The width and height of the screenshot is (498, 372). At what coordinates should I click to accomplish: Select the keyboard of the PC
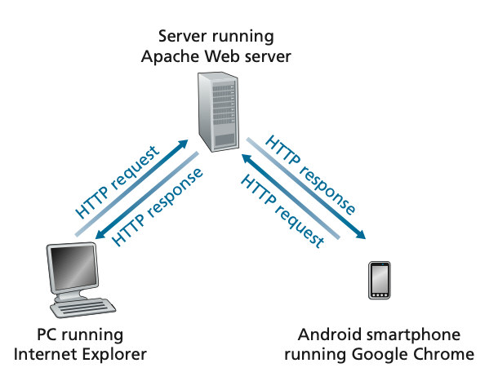point(88,308)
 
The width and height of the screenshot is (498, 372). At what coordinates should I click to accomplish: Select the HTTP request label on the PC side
point(113,183)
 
